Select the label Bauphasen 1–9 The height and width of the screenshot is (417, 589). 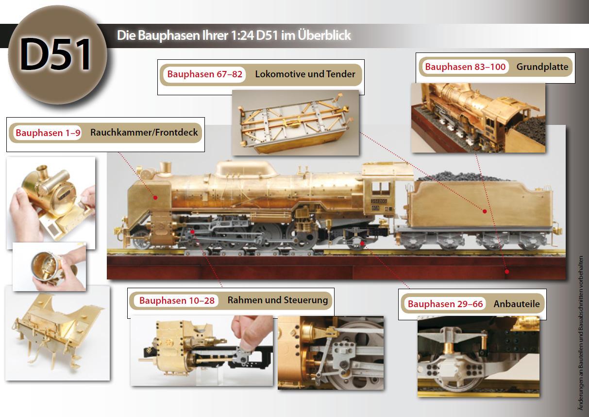tap(48, 133)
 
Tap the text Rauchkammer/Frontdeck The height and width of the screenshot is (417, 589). tap(144, 133)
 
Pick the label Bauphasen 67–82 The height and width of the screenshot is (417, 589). tap(205, 74)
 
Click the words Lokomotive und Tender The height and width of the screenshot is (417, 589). tap(305, 74)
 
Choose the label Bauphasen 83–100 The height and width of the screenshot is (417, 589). tap(465, 67)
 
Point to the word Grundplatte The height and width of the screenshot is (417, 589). tap(542, 67)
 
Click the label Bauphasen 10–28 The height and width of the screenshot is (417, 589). tap(177, 300)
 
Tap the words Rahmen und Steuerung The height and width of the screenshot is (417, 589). tap(278, 300)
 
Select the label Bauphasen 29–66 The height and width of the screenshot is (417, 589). tap(445, 304)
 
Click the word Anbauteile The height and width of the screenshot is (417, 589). tap(517, 304)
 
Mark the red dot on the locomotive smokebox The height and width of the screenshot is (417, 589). tap(155, 197)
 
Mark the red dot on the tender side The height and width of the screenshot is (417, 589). tap(485, 211)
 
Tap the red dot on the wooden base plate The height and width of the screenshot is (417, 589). tap(506, 272)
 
